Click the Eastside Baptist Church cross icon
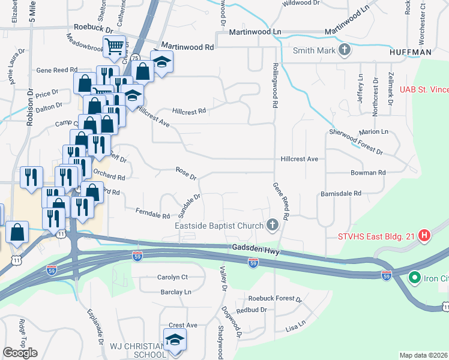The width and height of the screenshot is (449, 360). point(273,226)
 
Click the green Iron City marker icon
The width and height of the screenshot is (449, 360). point(414,278)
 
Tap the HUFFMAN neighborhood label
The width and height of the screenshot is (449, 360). point(411,53)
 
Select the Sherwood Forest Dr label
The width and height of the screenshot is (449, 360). point(355,142)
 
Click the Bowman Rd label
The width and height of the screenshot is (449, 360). point(367,173)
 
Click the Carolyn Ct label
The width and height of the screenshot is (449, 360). point(172,277)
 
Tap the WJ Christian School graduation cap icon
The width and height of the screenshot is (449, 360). point(175,340)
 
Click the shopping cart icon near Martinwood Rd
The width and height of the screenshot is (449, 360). point(114,46)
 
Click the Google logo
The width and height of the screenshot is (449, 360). point(19,352)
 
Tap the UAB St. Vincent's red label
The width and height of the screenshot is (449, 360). point(424,90)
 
